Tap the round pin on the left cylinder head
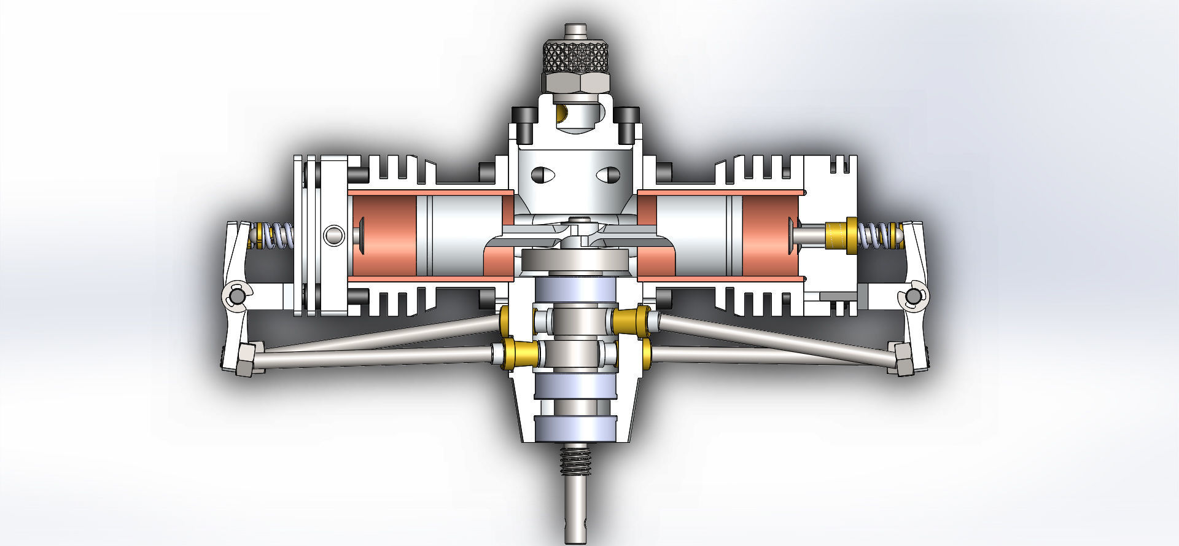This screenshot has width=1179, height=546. coord(335,235)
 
